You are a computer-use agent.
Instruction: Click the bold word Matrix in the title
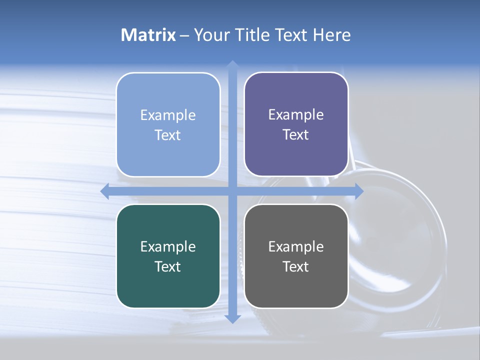(x=148, y=35)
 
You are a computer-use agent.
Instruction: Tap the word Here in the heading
(x=332, y=35)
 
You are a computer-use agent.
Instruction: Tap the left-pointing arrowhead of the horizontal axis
(x=104, y=191)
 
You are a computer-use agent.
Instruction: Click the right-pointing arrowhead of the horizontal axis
(x=359, y=191)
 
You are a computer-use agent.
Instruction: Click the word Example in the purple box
(x=296, y=115)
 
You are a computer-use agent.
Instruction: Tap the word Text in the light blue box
(x=167, y=135)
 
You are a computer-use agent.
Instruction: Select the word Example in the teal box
(x=168, y=246)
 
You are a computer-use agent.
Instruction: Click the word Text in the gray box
(x=296, y=267)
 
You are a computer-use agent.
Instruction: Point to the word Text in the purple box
(x=296, y=135)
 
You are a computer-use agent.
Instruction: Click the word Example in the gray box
(x=296, y=246)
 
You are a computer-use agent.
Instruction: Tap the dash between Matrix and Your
(x=184, y=35)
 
